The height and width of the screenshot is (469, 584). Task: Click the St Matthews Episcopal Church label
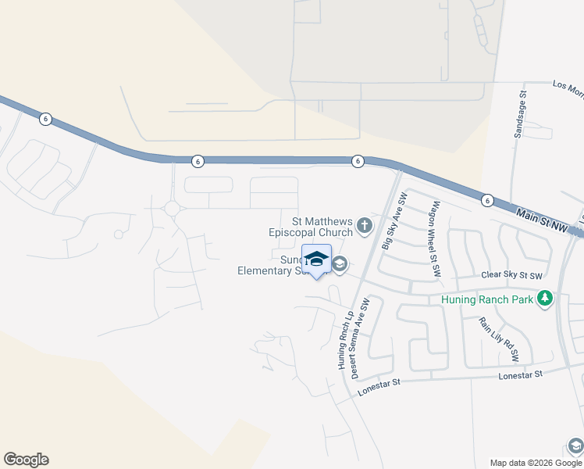point(311,227)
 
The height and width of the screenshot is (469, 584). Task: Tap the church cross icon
point(364,227)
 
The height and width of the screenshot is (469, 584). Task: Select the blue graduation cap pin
point(316,259)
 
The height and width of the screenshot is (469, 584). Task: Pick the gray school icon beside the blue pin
point(340,265)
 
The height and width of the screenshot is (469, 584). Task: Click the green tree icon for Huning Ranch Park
point(546,299)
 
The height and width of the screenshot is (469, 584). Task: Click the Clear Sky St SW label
point(511,275)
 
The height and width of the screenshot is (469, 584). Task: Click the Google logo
point(26,460)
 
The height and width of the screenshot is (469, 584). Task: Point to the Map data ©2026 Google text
point(536,463)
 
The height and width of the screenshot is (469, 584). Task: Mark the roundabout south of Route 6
point(172,209)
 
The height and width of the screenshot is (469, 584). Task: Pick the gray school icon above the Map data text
point(575,446)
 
